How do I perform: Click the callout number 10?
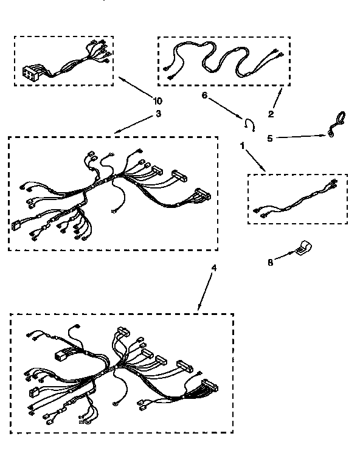pos(158,101)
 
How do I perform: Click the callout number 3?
pos(158,113)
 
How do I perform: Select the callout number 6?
pos(204,95)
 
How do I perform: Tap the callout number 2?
pos(271,113)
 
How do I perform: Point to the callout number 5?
pos(270,139)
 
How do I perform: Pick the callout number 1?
pos(242,147)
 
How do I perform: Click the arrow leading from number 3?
pos(134,124)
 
